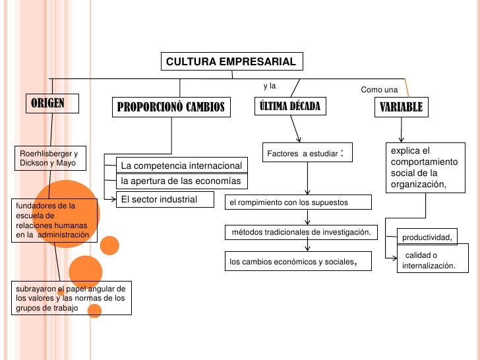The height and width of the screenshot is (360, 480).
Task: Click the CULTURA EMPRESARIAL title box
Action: (x=231, y=62)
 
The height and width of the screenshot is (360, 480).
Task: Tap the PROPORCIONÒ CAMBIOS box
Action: (x=171, y=107)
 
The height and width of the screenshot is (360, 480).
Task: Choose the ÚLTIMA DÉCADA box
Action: (x=289, y=106)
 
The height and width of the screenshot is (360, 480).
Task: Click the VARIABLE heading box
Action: (x=401, y=106)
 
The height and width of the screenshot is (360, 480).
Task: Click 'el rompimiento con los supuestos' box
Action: (x=298, y=202)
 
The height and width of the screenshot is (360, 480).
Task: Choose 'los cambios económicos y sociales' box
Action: (x=298, y=262)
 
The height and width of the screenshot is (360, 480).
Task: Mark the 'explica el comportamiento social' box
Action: (x=423, y=167)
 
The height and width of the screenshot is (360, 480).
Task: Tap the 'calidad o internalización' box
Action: (x=429, y=260)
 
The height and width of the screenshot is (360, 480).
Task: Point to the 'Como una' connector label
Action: (x=380, y=89)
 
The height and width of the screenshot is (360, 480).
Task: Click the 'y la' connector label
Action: (x=269, y=86)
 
